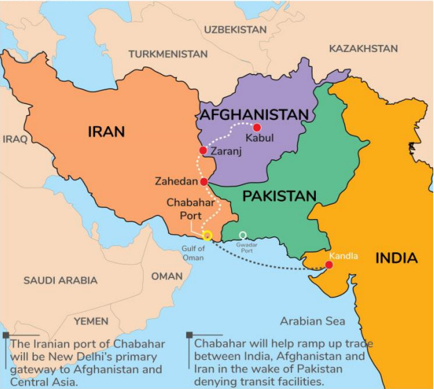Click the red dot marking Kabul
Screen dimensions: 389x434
tap(257, 128)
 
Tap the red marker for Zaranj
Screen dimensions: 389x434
tap(203, 150)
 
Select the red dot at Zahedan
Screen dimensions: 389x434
tap(203, 182)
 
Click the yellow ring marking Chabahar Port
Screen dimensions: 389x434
tap(206, 236)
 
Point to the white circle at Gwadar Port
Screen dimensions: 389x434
tap(242, 235)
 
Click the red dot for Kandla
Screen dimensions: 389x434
tap(328, 265)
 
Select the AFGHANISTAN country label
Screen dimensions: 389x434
tap(253, 114)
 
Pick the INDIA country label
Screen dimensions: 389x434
tap(397, 259)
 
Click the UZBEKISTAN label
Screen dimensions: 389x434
tap(235, 29)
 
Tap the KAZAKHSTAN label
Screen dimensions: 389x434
tap(363, 49)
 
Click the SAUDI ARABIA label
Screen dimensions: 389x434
tap(60, 280)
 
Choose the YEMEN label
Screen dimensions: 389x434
tap(91, 321)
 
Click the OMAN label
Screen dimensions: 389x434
tap(167, 276)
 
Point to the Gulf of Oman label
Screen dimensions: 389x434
tap(194, 253)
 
